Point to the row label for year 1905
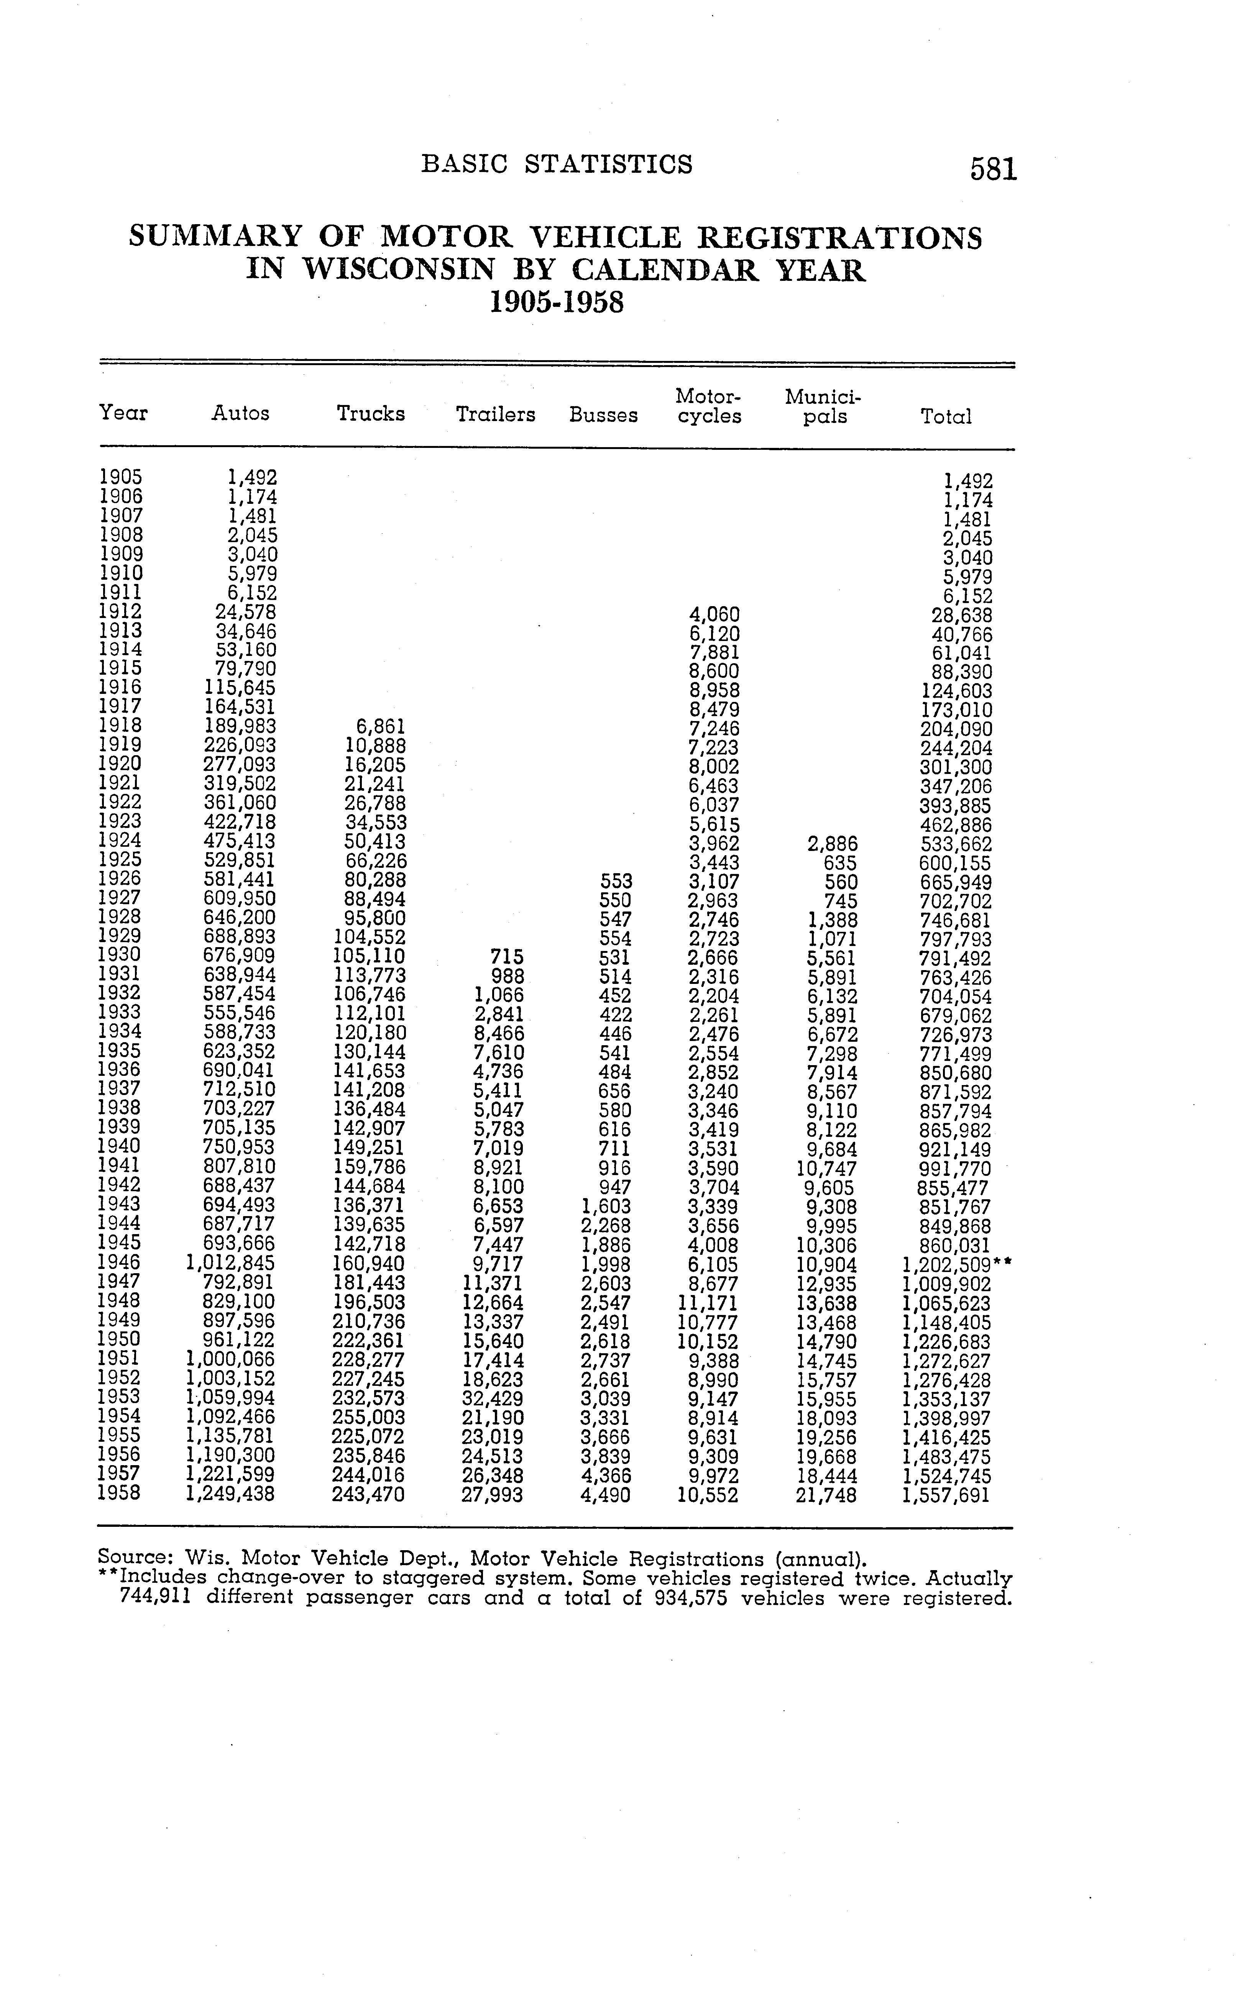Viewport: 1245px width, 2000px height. pos(120,477)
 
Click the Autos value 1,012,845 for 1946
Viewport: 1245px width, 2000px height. pos(232,1263)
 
